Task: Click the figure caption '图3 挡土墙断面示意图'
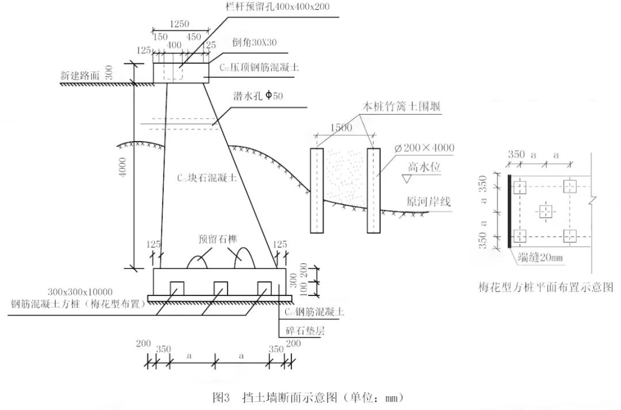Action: click(310, 397)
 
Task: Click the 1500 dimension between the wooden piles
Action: click(341, 128)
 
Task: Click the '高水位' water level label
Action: click(424, 167)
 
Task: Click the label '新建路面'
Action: click(83, 75)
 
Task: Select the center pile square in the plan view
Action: click(545, 211)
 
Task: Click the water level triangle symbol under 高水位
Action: click(407, 180)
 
